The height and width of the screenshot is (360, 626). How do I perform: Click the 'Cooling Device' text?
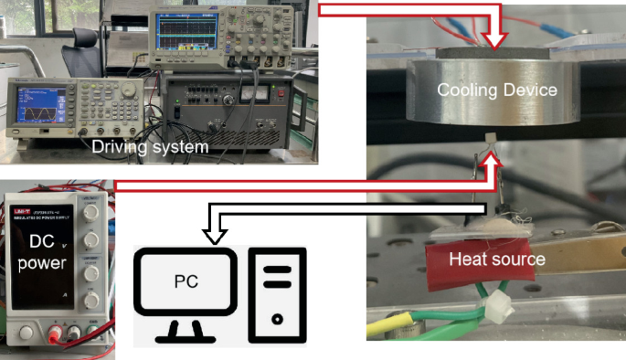tap(496, 90)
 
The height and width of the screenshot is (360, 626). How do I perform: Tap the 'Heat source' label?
tap(496, 259)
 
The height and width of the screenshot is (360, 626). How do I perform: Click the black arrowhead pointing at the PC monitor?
tap(217, 237)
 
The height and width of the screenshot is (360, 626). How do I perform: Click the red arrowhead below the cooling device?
tap(492, 161)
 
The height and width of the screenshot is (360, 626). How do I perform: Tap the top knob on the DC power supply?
tap(91, 212)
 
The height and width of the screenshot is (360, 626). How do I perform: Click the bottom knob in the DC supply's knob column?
tap(91, 301)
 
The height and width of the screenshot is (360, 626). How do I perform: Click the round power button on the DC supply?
tap(28, 329)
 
